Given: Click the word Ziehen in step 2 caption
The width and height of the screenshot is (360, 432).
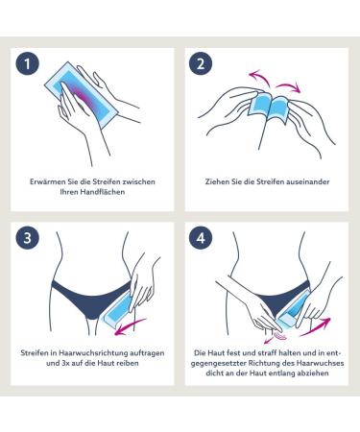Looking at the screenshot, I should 218,179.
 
